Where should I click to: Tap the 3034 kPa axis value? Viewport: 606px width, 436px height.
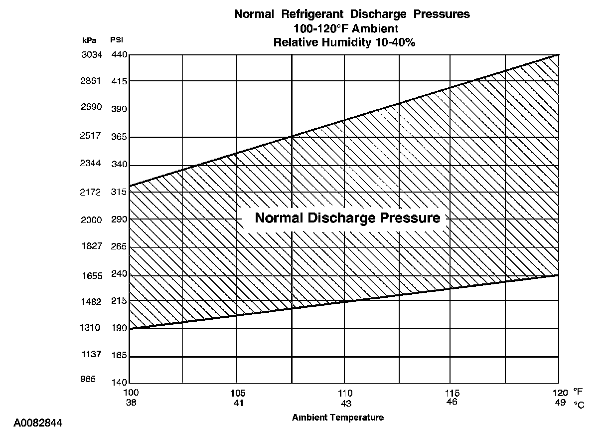(x=91, y=55)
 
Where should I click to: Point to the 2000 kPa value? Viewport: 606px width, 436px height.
(x=91, y=220)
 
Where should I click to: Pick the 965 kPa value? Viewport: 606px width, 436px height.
(x=88, y=380)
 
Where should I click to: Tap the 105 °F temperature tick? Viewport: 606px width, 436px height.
(x=238, y=393)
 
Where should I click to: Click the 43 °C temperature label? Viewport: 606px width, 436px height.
(x=346, y=403)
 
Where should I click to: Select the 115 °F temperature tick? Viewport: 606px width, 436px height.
(x=453, y=393)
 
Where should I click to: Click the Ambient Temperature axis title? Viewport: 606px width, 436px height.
(x=338, y=418)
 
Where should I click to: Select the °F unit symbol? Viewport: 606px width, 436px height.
(x=578, y=392)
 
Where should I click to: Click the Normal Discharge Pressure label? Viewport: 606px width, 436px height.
(x=347, y=218)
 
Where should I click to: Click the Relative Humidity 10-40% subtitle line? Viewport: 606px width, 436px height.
(x=344, y=42)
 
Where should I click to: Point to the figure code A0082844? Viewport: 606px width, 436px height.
(x=38, y=424)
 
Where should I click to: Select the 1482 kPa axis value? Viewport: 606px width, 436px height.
(x=91, y=302)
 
